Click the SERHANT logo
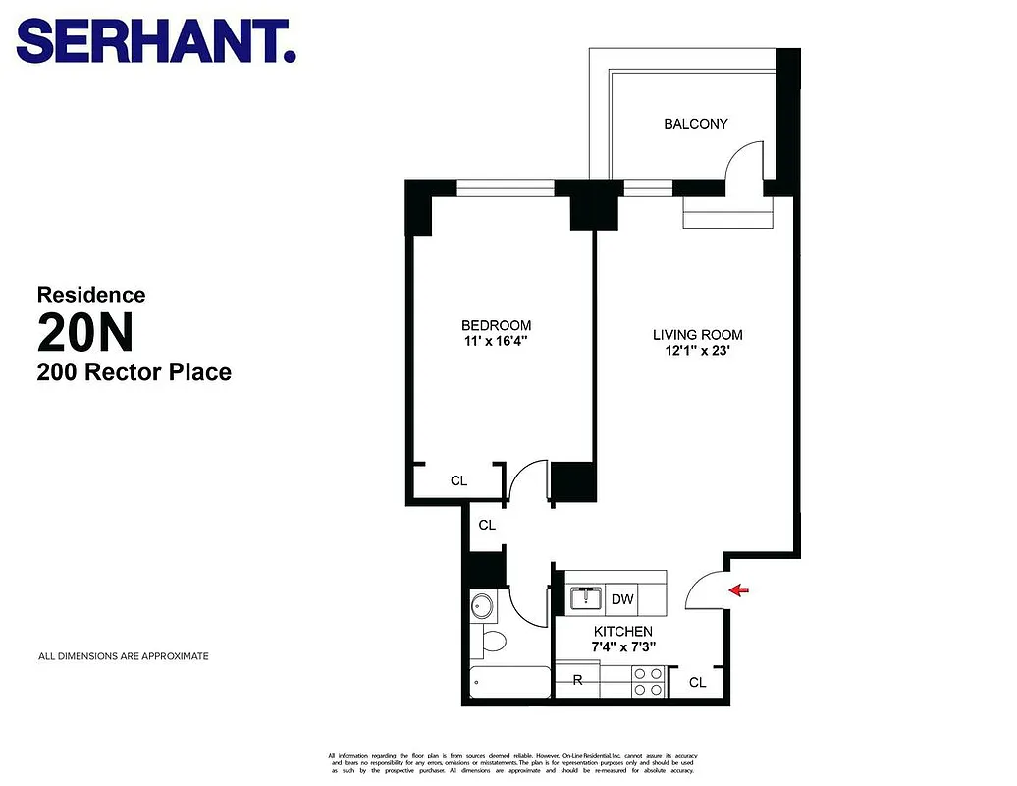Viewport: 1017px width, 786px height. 156,42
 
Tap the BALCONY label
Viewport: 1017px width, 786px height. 695,124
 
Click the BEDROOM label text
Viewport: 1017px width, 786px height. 496,325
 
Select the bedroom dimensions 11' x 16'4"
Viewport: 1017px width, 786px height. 496,343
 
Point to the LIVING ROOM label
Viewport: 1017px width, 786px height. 697,335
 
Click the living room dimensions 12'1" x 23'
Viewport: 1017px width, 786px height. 697,353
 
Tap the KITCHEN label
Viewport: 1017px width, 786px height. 622,631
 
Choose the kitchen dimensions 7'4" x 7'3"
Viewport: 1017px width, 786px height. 622,647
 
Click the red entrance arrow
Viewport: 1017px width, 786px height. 738,589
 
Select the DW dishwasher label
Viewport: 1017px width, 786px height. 622,599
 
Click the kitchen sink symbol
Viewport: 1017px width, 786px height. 586,597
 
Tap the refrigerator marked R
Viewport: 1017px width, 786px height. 578,680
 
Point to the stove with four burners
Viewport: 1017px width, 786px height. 647,681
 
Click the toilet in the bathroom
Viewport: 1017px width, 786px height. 493,643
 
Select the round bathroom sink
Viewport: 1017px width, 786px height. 482,605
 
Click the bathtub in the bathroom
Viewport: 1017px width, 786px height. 509,683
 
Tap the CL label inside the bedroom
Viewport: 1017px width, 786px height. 458,481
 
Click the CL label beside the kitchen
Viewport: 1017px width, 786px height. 697,682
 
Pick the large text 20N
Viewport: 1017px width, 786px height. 84,332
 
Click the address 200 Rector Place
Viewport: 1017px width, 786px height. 134,372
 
